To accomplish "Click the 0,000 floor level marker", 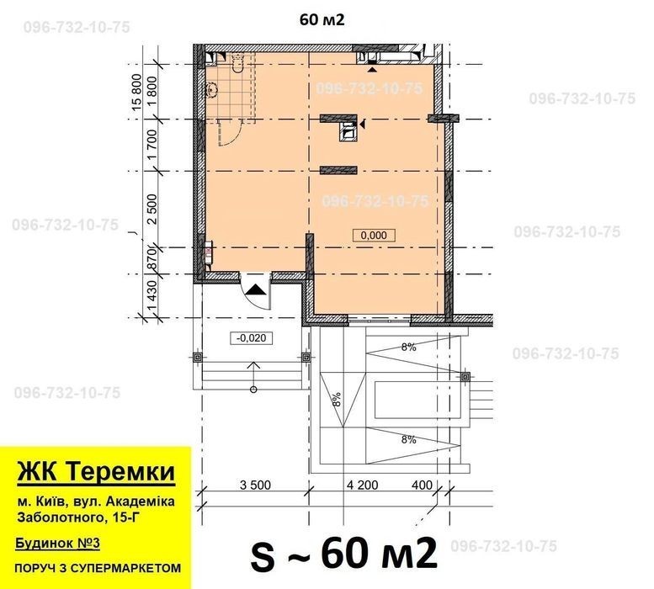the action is pyautogui.click(x=374, y=235).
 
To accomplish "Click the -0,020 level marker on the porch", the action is pyautogui.click(x=251, y=337).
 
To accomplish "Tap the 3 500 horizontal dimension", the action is pyautogui.click(x=255, y=485).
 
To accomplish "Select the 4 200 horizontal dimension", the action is pyautogui.click(x=363, y=485).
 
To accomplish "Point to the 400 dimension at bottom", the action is pyautogui.click(x=422, y=485).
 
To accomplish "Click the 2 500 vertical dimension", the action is pyautogui.click(x=152, y=210).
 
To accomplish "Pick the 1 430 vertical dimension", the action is pyautogui.click(x=152, y=296).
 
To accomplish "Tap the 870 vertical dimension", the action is pyautogui.click(x=152, y=260).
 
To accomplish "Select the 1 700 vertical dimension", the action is pyautogui.click(x=152, y=144).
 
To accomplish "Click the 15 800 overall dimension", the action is pyautogui.click(x=137, y=93).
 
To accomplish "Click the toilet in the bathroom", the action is pyautogui.click(x=237, y=62).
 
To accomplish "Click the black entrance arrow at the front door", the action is pyautogui.click(x=255, y=289).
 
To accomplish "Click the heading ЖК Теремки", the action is pyautogui.click(x=96, y=471).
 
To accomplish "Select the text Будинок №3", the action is pyautogui.click(x=57, y=544).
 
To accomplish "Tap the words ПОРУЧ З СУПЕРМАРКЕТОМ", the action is pyautogui.click(x=98, y=568).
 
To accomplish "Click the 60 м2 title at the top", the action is pyautogui.click(x=322, y=19).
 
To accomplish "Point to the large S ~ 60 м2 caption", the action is pyautogui.click(x=343, y=555).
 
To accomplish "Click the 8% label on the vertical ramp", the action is pyautogui.click(x=337, y=399).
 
